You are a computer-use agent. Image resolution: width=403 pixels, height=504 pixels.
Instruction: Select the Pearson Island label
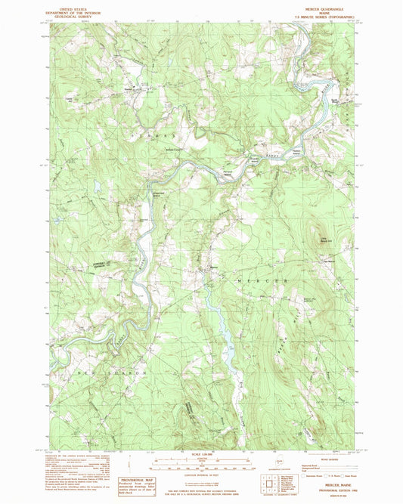[300, 131]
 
